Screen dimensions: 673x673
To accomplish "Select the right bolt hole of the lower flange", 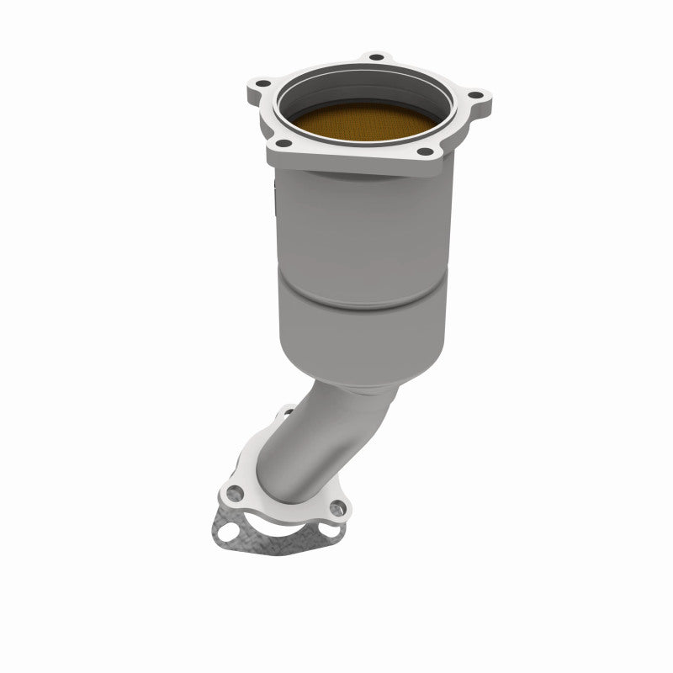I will point(338,506).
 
